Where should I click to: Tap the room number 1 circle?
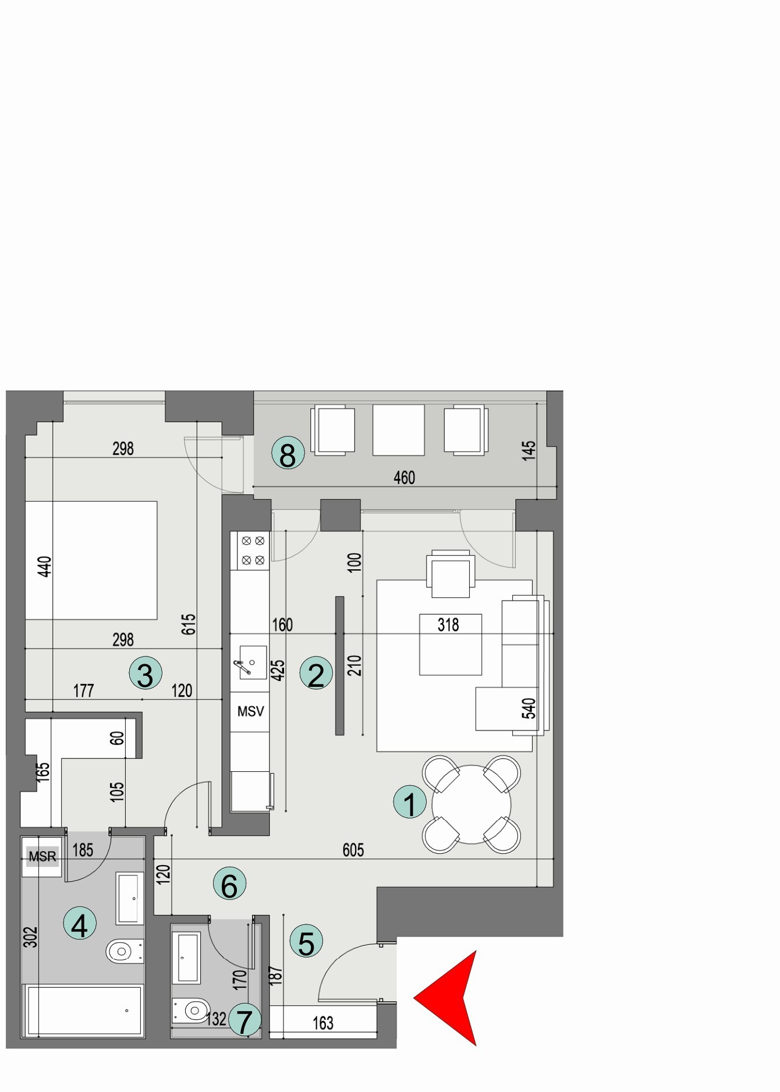[410, 804]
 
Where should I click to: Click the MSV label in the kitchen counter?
[250, 711]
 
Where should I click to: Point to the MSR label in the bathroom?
[42, 856]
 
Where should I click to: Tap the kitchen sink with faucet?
[250, 662]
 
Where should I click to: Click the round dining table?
[471, 804]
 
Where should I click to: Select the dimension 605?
[353, 850]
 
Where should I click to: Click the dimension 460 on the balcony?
[405, 478]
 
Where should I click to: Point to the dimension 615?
[189, 624]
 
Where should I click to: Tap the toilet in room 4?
[123, 952]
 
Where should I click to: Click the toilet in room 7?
[191, 1010]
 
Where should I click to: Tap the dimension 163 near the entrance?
[323, 1023]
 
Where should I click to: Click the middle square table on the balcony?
[399, 430]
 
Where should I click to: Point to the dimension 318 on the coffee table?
[448, 625]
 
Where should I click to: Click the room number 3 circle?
[145, 673]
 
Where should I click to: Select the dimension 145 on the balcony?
[529, 451]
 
